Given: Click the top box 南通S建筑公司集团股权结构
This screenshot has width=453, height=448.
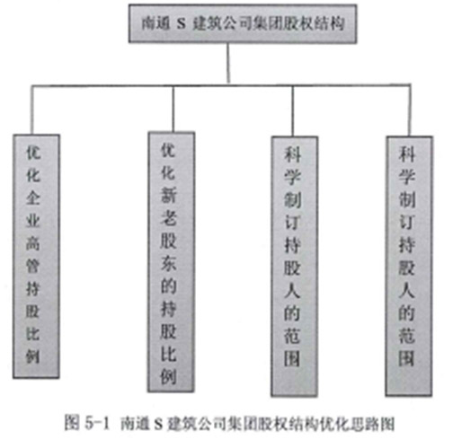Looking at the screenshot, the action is click(243, 23).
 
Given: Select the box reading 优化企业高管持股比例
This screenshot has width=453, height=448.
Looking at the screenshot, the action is click(36, 257).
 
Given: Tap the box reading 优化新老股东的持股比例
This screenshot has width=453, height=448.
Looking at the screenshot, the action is click(171, 262).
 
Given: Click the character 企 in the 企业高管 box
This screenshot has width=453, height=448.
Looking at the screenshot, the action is click(33, 198).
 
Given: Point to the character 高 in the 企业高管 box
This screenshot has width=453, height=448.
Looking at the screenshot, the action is click(33, 243).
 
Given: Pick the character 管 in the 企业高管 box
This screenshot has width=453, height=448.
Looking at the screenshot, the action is click(33, 266).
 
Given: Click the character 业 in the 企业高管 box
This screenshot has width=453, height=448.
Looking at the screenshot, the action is click(33, 221).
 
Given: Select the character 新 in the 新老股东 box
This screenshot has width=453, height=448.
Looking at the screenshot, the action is click(168, 195).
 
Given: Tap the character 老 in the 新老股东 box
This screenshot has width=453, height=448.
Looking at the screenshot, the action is click(168, 217).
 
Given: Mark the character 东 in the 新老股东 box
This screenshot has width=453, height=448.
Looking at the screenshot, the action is click(168, 263).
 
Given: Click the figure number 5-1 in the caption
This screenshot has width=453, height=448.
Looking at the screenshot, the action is click(98, 424).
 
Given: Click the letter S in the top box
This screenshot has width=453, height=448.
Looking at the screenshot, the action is click(181, 24).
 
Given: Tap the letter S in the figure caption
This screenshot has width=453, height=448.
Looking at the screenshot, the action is click(158, 424).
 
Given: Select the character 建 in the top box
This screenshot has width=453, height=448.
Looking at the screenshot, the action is click(200, 23).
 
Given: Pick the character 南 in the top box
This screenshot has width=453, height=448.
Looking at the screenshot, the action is click(149, 23).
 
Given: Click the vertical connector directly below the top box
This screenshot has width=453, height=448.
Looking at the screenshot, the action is click(228, 64).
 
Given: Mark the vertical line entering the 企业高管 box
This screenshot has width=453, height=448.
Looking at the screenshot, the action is click(31, 110).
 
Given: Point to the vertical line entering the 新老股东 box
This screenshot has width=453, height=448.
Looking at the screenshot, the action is click(173, 109).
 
